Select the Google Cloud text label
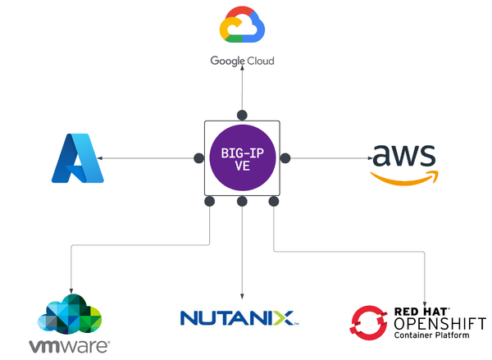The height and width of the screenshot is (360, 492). pos(242,61)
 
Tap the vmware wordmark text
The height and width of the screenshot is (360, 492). pos(68,345)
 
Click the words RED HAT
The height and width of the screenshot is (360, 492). pos(422,311)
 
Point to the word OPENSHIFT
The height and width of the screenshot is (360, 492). pos(440,323)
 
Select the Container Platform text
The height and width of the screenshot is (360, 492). pos(435,336)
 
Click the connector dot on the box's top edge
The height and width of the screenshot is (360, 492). pos(242,116)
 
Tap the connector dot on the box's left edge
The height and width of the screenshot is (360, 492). pos(198,157)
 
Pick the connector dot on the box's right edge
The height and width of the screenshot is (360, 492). pos(286,157)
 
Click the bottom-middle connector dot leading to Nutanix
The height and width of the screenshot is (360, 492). pos(242,201)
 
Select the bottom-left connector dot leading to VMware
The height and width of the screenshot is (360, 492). pos(210,201)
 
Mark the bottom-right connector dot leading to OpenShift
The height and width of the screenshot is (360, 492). pos(274,201)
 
